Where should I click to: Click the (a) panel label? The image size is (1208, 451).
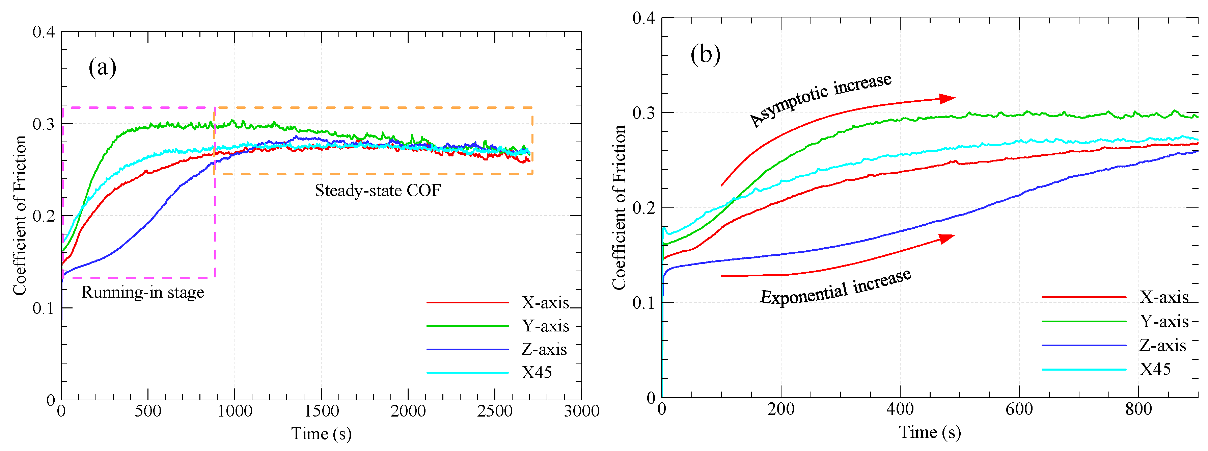[102, 67]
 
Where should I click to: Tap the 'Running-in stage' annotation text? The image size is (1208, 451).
[142, 292]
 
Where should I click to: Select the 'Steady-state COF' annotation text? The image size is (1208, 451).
[378, 190]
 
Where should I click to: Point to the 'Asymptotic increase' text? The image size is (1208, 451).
[820, 100]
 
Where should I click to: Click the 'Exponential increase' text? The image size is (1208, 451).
[835, 287]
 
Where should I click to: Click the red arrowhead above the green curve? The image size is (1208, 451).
[947, 98]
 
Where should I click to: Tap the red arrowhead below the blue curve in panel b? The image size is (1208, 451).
[946, 239]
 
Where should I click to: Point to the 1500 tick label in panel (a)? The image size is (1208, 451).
[321, 411]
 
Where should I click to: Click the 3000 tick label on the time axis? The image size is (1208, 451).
[581, 411]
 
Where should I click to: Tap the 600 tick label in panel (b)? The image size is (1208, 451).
[1019, 409]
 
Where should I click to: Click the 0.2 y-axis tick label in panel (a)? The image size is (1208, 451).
[44, 216]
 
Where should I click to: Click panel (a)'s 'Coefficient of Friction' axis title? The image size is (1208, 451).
[19, 216]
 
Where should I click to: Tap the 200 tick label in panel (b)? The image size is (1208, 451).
[781, 409]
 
